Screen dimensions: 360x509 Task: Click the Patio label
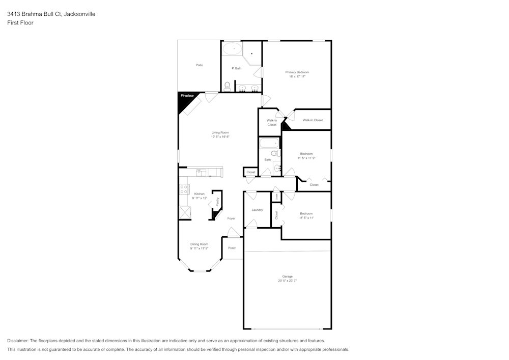pos(200,65)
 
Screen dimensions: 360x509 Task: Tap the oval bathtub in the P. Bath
pos(233,49)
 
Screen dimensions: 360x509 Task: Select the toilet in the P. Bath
pos(227,86)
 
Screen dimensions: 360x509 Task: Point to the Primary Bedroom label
pos(297,72)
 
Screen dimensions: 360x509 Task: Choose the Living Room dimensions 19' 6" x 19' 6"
pos(220,137)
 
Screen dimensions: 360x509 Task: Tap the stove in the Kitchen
pos(184,189)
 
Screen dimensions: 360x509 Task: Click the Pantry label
pos(217,202)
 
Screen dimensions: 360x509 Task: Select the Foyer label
pos(231,218)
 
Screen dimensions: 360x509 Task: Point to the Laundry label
pos(257,210)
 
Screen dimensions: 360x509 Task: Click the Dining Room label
pos(199,244)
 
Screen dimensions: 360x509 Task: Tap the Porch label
pos(232,248)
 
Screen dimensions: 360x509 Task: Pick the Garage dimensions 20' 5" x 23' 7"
pos(287,281)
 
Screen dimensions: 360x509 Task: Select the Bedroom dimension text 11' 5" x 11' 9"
pos(306,158)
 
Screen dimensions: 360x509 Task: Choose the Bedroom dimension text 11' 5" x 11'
pos(306,217)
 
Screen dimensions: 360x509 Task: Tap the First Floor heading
pos(20,23)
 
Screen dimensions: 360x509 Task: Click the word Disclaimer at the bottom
pos(18,341)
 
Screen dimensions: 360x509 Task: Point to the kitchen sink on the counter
pos(200,172)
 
